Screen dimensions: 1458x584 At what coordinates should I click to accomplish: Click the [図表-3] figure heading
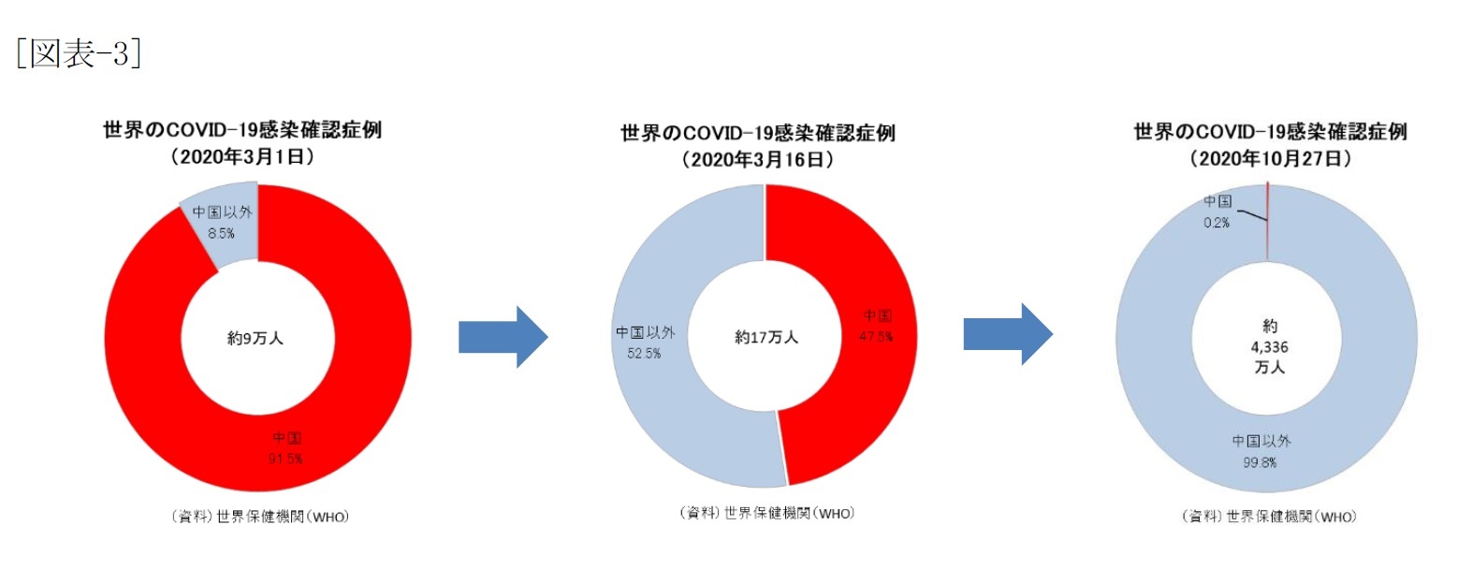[79, 53]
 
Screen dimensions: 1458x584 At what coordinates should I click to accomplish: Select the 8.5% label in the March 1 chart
[221, 233]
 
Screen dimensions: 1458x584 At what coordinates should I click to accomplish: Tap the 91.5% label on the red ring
[285, 459]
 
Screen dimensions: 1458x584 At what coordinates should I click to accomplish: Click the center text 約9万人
[255, 338]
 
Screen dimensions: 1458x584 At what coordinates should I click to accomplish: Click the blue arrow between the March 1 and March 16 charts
[503, 337]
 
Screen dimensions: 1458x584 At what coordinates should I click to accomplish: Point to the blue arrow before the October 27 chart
[1008, 334]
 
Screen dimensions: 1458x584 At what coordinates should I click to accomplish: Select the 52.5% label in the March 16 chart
[644, 354]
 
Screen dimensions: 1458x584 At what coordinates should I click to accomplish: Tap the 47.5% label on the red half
[876, 337]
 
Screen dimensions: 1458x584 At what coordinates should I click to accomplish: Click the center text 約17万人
[766, 337]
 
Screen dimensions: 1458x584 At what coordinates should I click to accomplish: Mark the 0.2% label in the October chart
[1217, 223]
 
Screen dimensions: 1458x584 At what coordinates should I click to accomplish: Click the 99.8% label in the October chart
[1260, 462]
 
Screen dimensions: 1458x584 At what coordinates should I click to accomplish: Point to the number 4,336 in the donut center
[1269, 347]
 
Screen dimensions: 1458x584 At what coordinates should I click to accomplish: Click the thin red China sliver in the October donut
[1267, 222]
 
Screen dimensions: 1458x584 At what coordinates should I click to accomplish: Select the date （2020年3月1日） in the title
[242, 157]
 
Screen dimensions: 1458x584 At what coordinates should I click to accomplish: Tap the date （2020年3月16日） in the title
[758, 159]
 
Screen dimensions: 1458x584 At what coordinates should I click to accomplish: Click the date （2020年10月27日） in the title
[1270, 158]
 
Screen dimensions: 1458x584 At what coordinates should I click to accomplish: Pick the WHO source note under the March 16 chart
[766, 513]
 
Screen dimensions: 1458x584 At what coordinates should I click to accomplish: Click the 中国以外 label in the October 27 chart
[1261, 441]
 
